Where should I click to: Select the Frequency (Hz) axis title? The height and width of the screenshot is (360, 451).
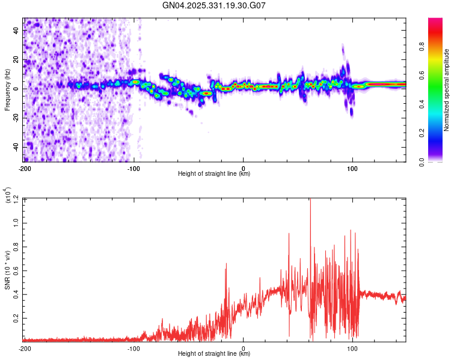[7, 90]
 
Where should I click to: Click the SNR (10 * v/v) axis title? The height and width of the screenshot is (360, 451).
[7, 269]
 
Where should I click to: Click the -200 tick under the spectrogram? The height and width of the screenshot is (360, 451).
[25, 168]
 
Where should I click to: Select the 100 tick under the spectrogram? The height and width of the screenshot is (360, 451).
[352, 168]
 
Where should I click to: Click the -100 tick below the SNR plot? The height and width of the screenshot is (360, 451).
[133, 347]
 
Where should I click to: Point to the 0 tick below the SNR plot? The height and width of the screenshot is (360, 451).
[243, 347]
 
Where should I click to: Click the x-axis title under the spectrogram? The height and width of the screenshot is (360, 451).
[215, 174]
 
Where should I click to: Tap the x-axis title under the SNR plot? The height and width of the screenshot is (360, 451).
[215, 353]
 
